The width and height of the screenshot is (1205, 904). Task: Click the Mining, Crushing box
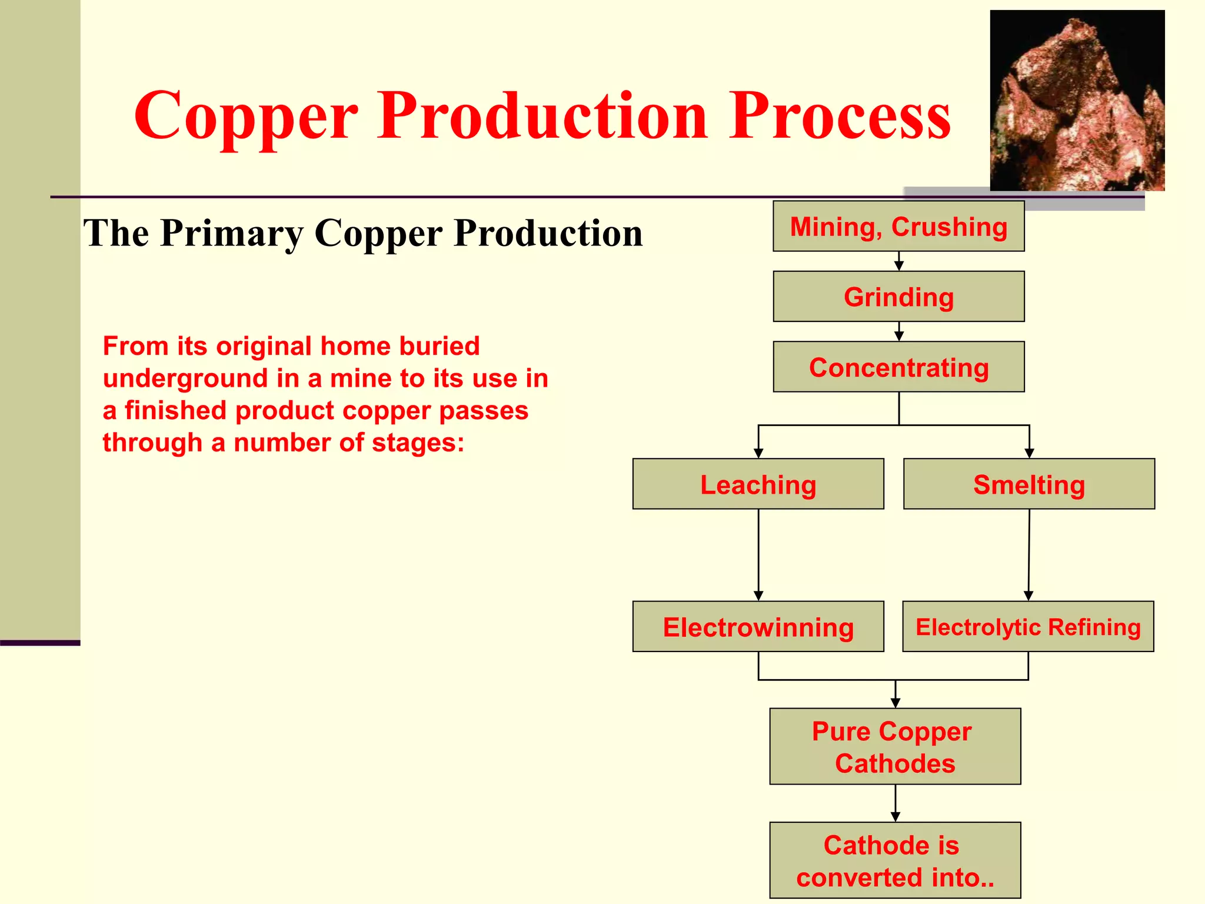pyautogui.click(x=898, y=227)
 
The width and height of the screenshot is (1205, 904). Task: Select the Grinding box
pyautogui.click(x=898, y=297)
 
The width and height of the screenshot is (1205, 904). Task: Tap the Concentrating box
pyautogui.click(x=898, y=367)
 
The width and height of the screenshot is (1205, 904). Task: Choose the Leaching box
pyautogui.click(x=758, y=484)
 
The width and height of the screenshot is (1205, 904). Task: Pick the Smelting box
pyautogui.click(x=1028, y=484)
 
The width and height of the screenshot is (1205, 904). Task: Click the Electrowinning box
pyautogui.click(x=758, y=626)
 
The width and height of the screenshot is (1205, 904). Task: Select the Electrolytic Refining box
pyautogui.click(x=1028, y=626)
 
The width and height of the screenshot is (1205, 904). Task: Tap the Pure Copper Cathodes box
pyautogui.click(x=895, y=746)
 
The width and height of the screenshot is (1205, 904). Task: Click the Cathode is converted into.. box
pyautogui.click(x=895, y=860)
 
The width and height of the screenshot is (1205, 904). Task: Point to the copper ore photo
pyautogui.click(x=1077, y=100)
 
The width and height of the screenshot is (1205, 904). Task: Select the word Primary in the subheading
pyautogui.click(x=232, y=233)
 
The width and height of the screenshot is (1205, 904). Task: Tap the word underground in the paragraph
pyautogui.click(x=185, y=378)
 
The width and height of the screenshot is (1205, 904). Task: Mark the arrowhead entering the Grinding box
pyautogui.click(x=898, y=267)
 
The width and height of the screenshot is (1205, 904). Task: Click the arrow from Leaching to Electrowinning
pyautogui.click(x=758, y=553)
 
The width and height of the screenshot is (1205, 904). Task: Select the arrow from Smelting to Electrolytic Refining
pyautogui.click(x=1029, y=553)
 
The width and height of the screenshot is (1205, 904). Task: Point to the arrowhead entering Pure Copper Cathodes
pyautogui.click(x=896, y=703)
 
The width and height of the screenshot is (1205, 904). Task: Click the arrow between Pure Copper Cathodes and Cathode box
pyautogui.click(x=896, y=803)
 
